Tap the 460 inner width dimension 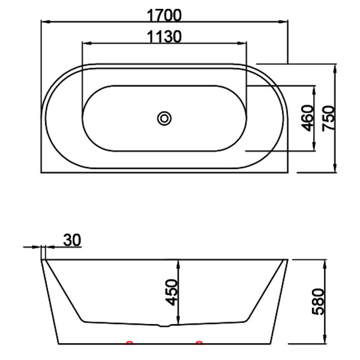click(307, 118)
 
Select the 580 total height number click(319, 302)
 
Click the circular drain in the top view click(164, 118)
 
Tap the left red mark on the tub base click(128, 343)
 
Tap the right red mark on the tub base click(199, 343)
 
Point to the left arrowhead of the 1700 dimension click(44, 21)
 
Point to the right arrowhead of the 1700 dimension click(284, 21)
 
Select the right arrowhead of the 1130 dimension click(243, 43)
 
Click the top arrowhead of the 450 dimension click(181, 262)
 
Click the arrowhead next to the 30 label click(38, 247)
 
